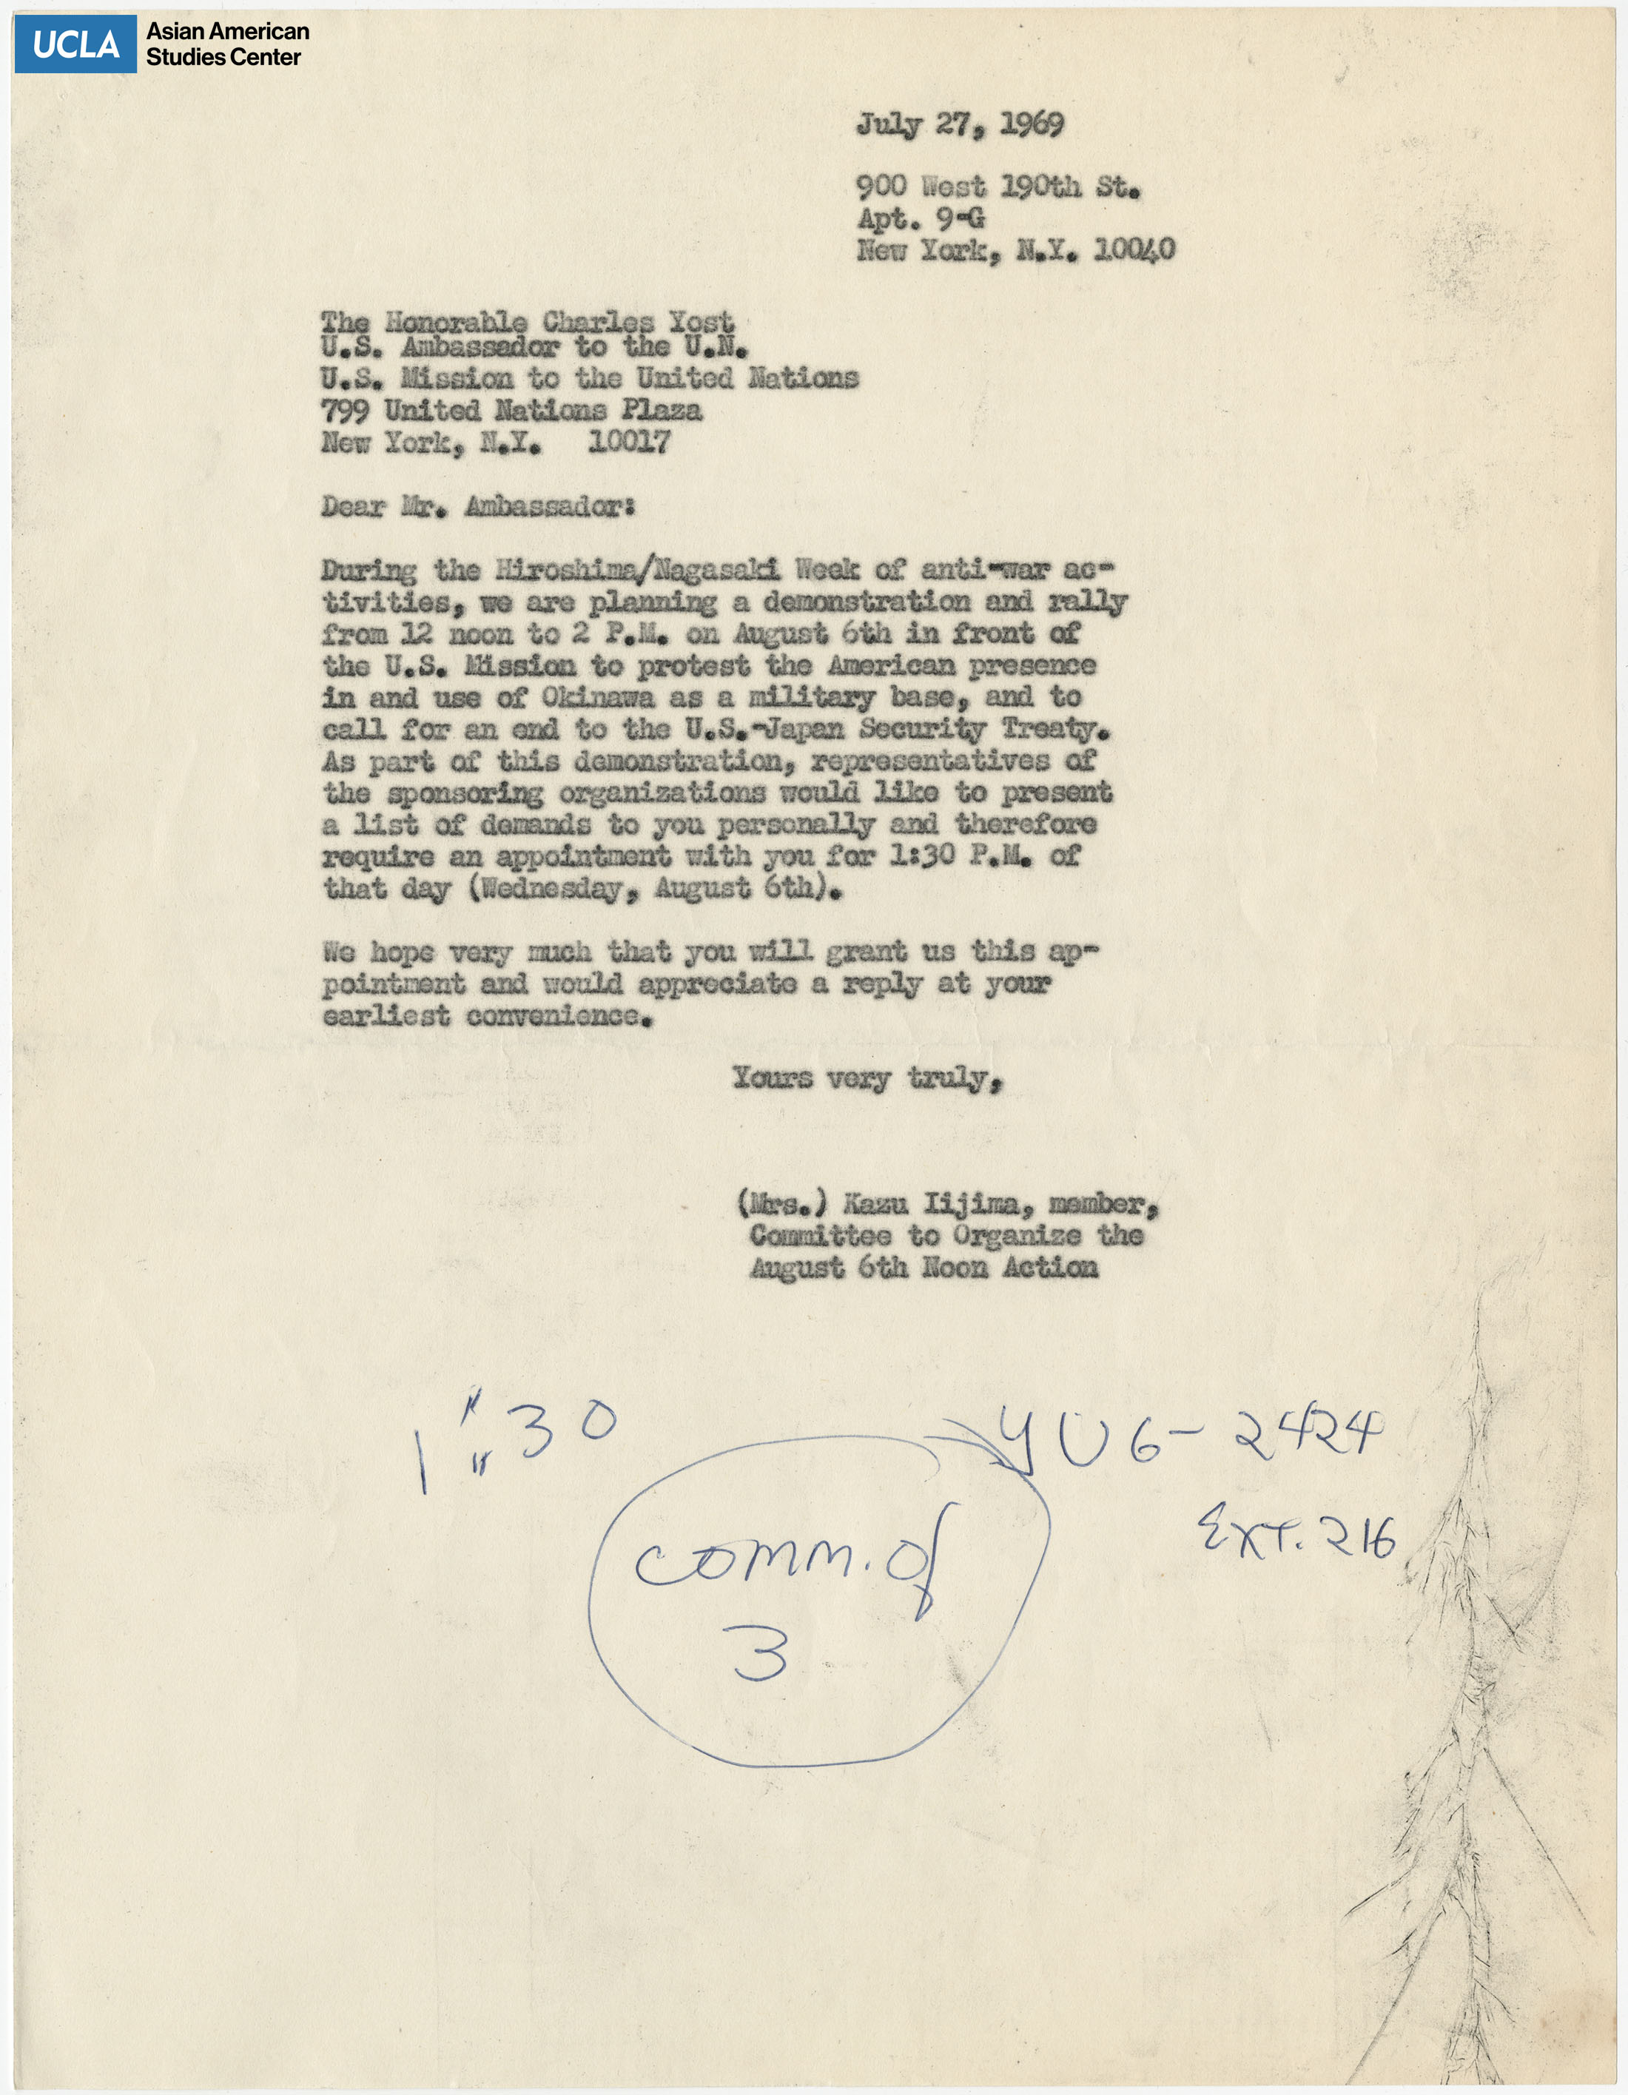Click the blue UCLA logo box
(x=75, y=44)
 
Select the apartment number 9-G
(x=959, y=219)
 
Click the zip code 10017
(x=629, y=443)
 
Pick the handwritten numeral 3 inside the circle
(x=761, y=1652)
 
